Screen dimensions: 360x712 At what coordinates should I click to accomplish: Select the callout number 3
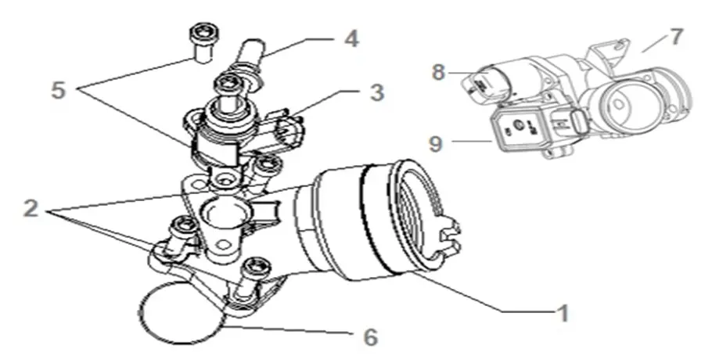376,92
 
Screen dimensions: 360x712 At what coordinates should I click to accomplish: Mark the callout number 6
368,337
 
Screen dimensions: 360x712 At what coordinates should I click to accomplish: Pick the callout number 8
437,73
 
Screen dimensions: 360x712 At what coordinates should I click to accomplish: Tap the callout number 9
437,143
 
